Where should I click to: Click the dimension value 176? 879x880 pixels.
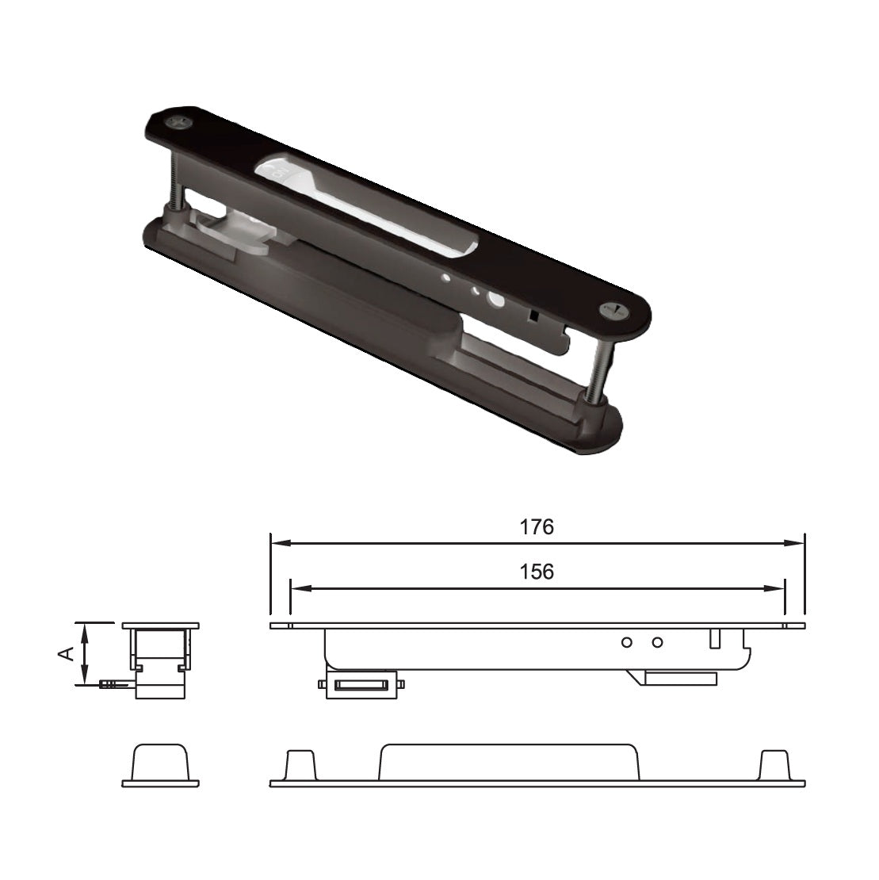click(537, 527)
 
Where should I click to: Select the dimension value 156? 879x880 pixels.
click(537, 572)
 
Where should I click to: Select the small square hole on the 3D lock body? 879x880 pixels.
click(534, 316)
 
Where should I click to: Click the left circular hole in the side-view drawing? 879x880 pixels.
click(626, 642)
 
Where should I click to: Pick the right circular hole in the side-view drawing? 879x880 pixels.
click(656, 642)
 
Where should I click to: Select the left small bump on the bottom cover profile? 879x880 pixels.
click(301, 765)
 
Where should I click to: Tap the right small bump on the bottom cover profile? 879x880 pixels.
click(774, 765)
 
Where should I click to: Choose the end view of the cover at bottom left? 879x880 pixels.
click(160, 766)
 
